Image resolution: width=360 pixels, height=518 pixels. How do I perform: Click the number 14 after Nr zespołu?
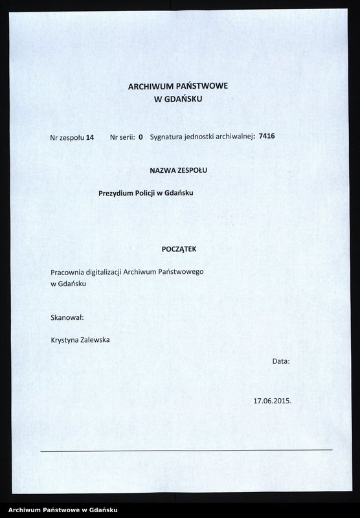[x=90, y=137]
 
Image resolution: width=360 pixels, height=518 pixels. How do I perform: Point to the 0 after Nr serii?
[x=141, y=137]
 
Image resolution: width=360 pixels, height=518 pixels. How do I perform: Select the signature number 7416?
[x=267, y=137]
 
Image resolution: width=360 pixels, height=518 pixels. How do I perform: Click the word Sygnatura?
[x=168, y=137]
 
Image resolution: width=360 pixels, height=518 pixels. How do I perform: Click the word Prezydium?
[x=116, y=192]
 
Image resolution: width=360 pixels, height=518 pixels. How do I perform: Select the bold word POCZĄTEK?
[x=179, y=249]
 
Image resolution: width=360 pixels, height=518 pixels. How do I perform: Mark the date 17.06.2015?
[x=273, y=400]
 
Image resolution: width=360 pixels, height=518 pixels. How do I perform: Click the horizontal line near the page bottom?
[x=186, y=449]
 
